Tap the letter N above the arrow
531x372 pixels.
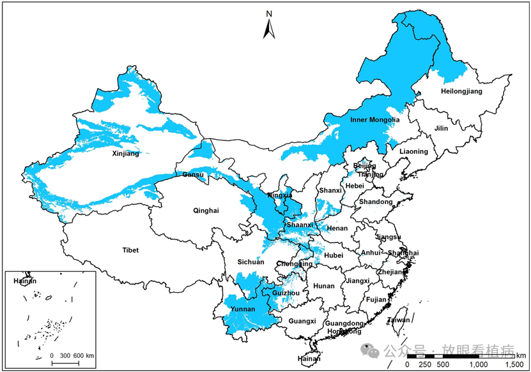click(x=270, y=13)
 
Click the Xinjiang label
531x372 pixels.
click(x=125, y=153)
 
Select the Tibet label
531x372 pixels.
click(x=130, y=250)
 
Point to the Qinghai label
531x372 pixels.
click(x=206, y=211)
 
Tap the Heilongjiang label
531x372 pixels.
click(x=461, y=92)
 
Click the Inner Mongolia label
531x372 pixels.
click(x=375, y=120)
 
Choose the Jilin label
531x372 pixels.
click(x=441, y=128)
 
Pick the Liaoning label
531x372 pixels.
click(x=414, y=152)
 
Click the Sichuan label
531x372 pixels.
click(x=250, y=262)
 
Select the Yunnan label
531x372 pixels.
click(x=243, y=309)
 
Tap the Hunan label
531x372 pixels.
click(x=324, y=286)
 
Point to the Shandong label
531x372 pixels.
click(x=376, y=202)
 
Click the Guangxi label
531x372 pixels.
click(x=302, y=321)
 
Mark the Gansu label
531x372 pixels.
click(x=193, y=175)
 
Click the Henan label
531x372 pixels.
click(x=337, y=228)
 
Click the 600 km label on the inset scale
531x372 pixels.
click(x=84, y=355)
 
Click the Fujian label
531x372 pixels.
click(x=376, y=299)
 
